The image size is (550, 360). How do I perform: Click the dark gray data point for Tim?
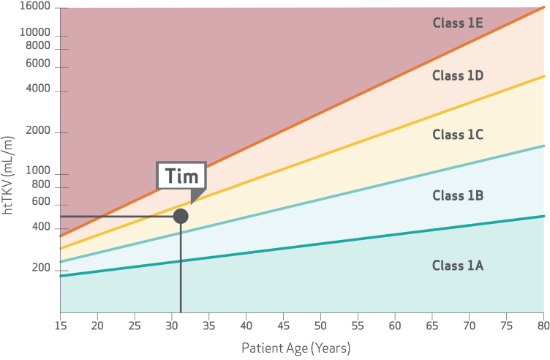click(x=181, y=216)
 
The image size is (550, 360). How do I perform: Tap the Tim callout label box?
click(x=181, y=176)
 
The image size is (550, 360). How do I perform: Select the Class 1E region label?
click(x=457, y=23)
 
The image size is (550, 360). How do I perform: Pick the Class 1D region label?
click(x=457, y=75)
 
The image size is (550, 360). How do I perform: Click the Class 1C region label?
click(x=457, y=135)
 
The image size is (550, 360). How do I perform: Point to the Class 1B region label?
click(x=457, y=195)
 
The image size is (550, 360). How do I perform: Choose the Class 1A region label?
click(x=457, y=265)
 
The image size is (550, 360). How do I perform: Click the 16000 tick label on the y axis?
click(x=35, y=7)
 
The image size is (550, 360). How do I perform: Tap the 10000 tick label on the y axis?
click(x=35, y=33)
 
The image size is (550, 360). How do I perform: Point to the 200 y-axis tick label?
click(x=41, y=269)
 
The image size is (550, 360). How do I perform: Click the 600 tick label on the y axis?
click(x=41, y=201)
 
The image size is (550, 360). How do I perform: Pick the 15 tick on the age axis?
click(x=60, y=324)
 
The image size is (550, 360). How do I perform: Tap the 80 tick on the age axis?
click(x=543, y=324)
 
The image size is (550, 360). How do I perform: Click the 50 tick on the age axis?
click(x=320, y=324)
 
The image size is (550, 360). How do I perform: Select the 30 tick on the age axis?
click(x=172, y=324)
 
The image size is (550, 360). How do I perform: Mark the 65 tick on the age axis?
click(x=432, y=324)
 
